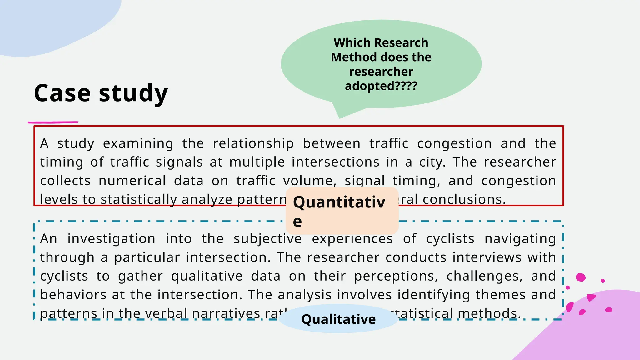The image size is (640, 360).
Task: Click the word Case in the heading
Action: pyautogui.click(x=62, y=93)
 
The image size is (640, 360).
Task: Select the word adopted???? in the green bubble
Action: pyautogui.click(x=381, y=86)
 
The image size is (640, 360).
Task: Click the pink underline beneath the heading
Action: pyautogui.click(x=53, y=122)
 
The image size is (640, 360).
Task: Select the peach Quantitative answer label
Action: pyautogui.click(x=342, y=211)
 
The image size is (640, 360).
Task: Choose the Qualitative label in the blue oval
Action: pyautogui.click(x=338, y=319)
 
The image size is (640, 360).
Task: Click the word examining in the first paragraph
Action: pyautogui.click(x=138, y=143)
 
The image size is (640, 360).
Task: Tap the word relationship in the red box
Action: pyautogui.click(x=253, y=143)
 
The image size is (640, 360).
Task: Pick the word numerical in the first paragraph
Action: pyautogui.click(x=132, y=181)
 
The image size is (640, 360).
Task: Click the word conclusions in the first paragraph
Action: pyautogui.click(x=464, y=200)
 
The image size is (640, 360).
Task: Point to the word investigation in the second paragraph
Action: pyautogui.click(x=112, y=239)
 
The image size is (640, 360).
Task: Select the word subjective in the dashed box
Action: pyautogui.click(x=267, y=239)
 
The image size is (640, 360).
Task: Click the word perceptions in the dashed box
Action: pyautogui.click(x=396, y=276)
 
